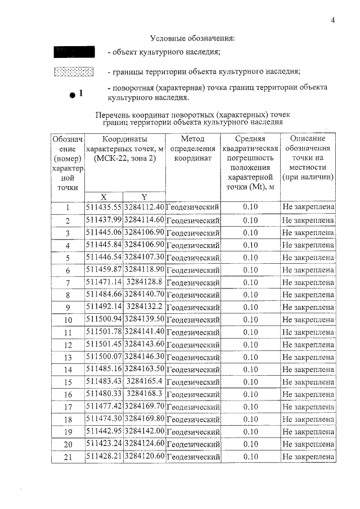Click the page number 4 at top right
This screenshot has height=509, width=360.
click(x=333, y=21)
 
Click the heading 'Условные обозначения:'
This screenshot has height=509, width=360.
click(x=192, y=38)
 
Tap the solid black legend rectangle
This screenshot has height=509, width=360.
click(x=73, y=53)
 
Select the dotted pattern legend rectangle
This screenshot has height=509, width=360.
click(x=73, y=72)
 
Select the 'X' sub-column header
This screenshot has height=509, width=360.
click(x=103, y=197)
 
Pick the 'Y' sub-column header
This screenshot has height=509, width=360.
click(x=144, y=197)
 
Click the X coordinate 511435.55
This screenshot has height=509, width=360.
click(x=103, y=208)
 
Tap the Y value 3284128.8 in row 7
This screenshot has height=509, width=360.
click(x=144, y=282)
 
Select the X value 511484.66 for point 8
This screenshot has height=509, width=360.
click(x=103, y=294)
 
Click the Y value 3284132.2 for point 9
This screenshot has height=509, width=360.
click(x=144, y=307)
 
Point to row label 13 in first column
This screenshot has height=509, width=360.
click(x=67, y=357)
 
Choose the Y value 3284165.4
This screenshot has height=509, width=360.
click(x=144, y=381)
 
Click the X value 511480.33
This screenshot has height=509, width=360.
click(x=103, y=394)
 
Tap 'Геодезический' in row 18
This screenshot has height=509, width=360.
click(x=193, y=420)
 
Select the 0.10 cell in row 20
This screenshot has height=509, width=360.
click(x=250, y=444)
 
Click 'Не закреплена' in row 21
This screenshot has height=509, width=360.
click(x=308, y=457)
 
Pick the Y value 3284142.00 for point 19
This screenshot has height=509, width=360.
click(x=144, y=431)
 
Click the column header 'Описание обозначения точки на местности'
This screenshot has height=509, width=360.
click(x=308, y=158)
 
